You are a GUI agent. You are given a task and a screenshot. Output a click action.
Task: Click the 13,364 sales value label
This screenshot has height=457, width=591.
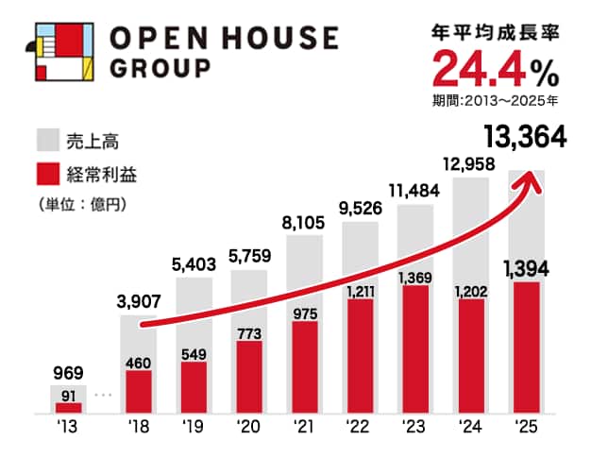click(x=524, y=138)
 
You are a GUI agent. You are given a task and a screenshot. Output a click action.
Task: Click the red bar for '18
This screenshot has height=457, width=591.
click(x=139, y=392)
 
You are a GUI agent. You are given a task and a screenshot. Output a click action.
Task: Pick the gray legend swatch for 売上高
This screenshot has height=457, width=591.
click(x=49, y=141)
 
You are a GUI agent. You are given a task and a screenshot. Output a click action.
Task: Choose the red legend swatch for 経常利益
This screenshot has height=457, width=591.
click(x=49, y=174)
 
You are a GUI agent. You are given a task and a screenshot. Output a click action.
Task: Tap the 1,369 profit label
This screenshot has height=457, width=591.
click(x=414, y=278)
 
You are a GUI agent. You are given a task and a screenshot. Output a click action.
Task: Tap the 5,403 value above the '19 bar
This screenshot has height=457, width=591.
click(x=194, y=264)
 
